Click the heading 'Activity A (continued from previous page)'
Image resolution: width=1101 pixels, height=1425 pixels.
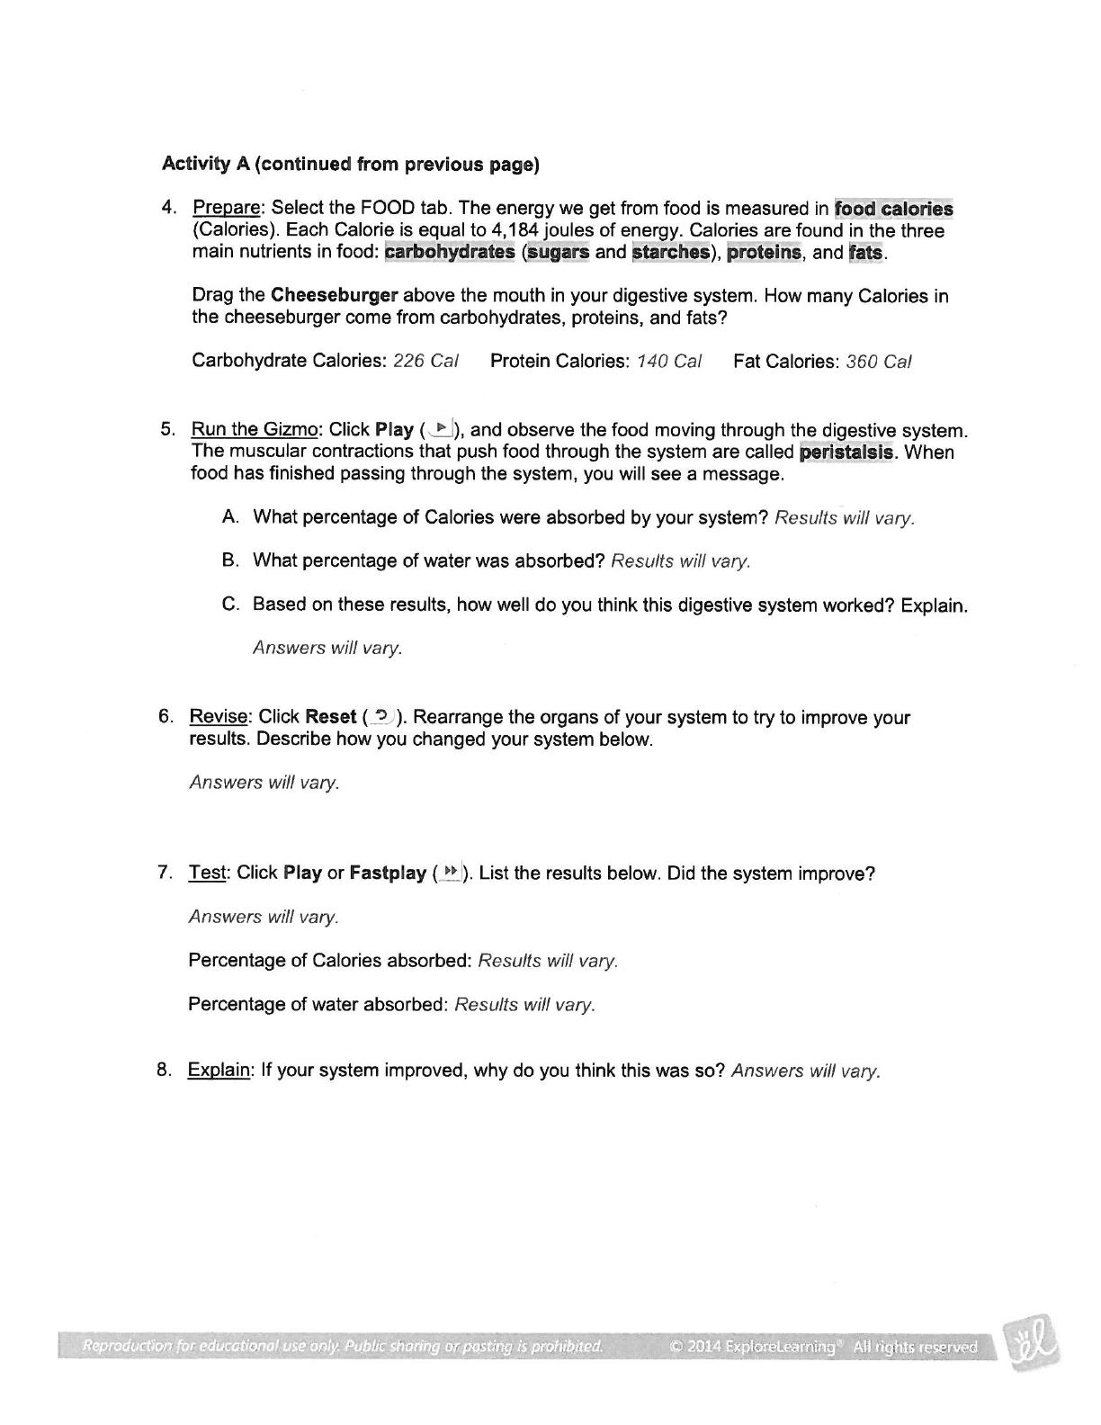click(350, 164)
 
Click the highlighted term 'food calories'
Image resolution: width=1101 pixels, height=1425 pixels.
click(893, 209)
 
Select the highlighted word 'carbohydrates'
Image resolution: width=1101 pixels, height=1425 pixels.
click(449, 252)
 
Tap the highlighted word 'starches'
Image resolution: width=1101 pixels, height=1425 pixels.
click(670, 252)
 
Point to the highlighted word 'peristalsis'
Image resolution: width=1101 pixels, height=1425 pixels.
click(846, 452)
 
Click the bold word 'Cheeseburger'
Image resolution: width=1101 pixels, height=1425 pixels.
click(334, 296)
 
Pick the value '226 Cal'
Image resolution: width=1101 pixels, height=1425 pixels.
click(425, 361)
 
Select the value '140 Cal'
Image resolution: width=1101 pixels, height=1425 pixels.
click(668, 361)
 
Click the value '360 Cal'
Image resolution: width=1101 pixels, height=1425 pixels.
click(878, 362)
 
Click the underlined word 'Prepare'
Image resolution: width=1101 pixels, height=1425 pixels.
click(227, 209)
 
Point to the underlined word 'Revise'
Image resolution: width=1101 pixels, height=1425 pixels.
click(219, 717)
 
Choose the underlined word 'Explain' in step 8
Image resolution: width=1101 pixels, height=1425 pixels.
click(219, 1070)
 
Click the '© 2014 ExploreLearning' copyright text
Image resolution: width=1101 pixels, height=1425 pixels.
click(754, 1347)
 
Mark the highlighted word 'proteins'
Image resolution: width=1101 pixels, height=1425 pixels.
click(763, 252)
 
